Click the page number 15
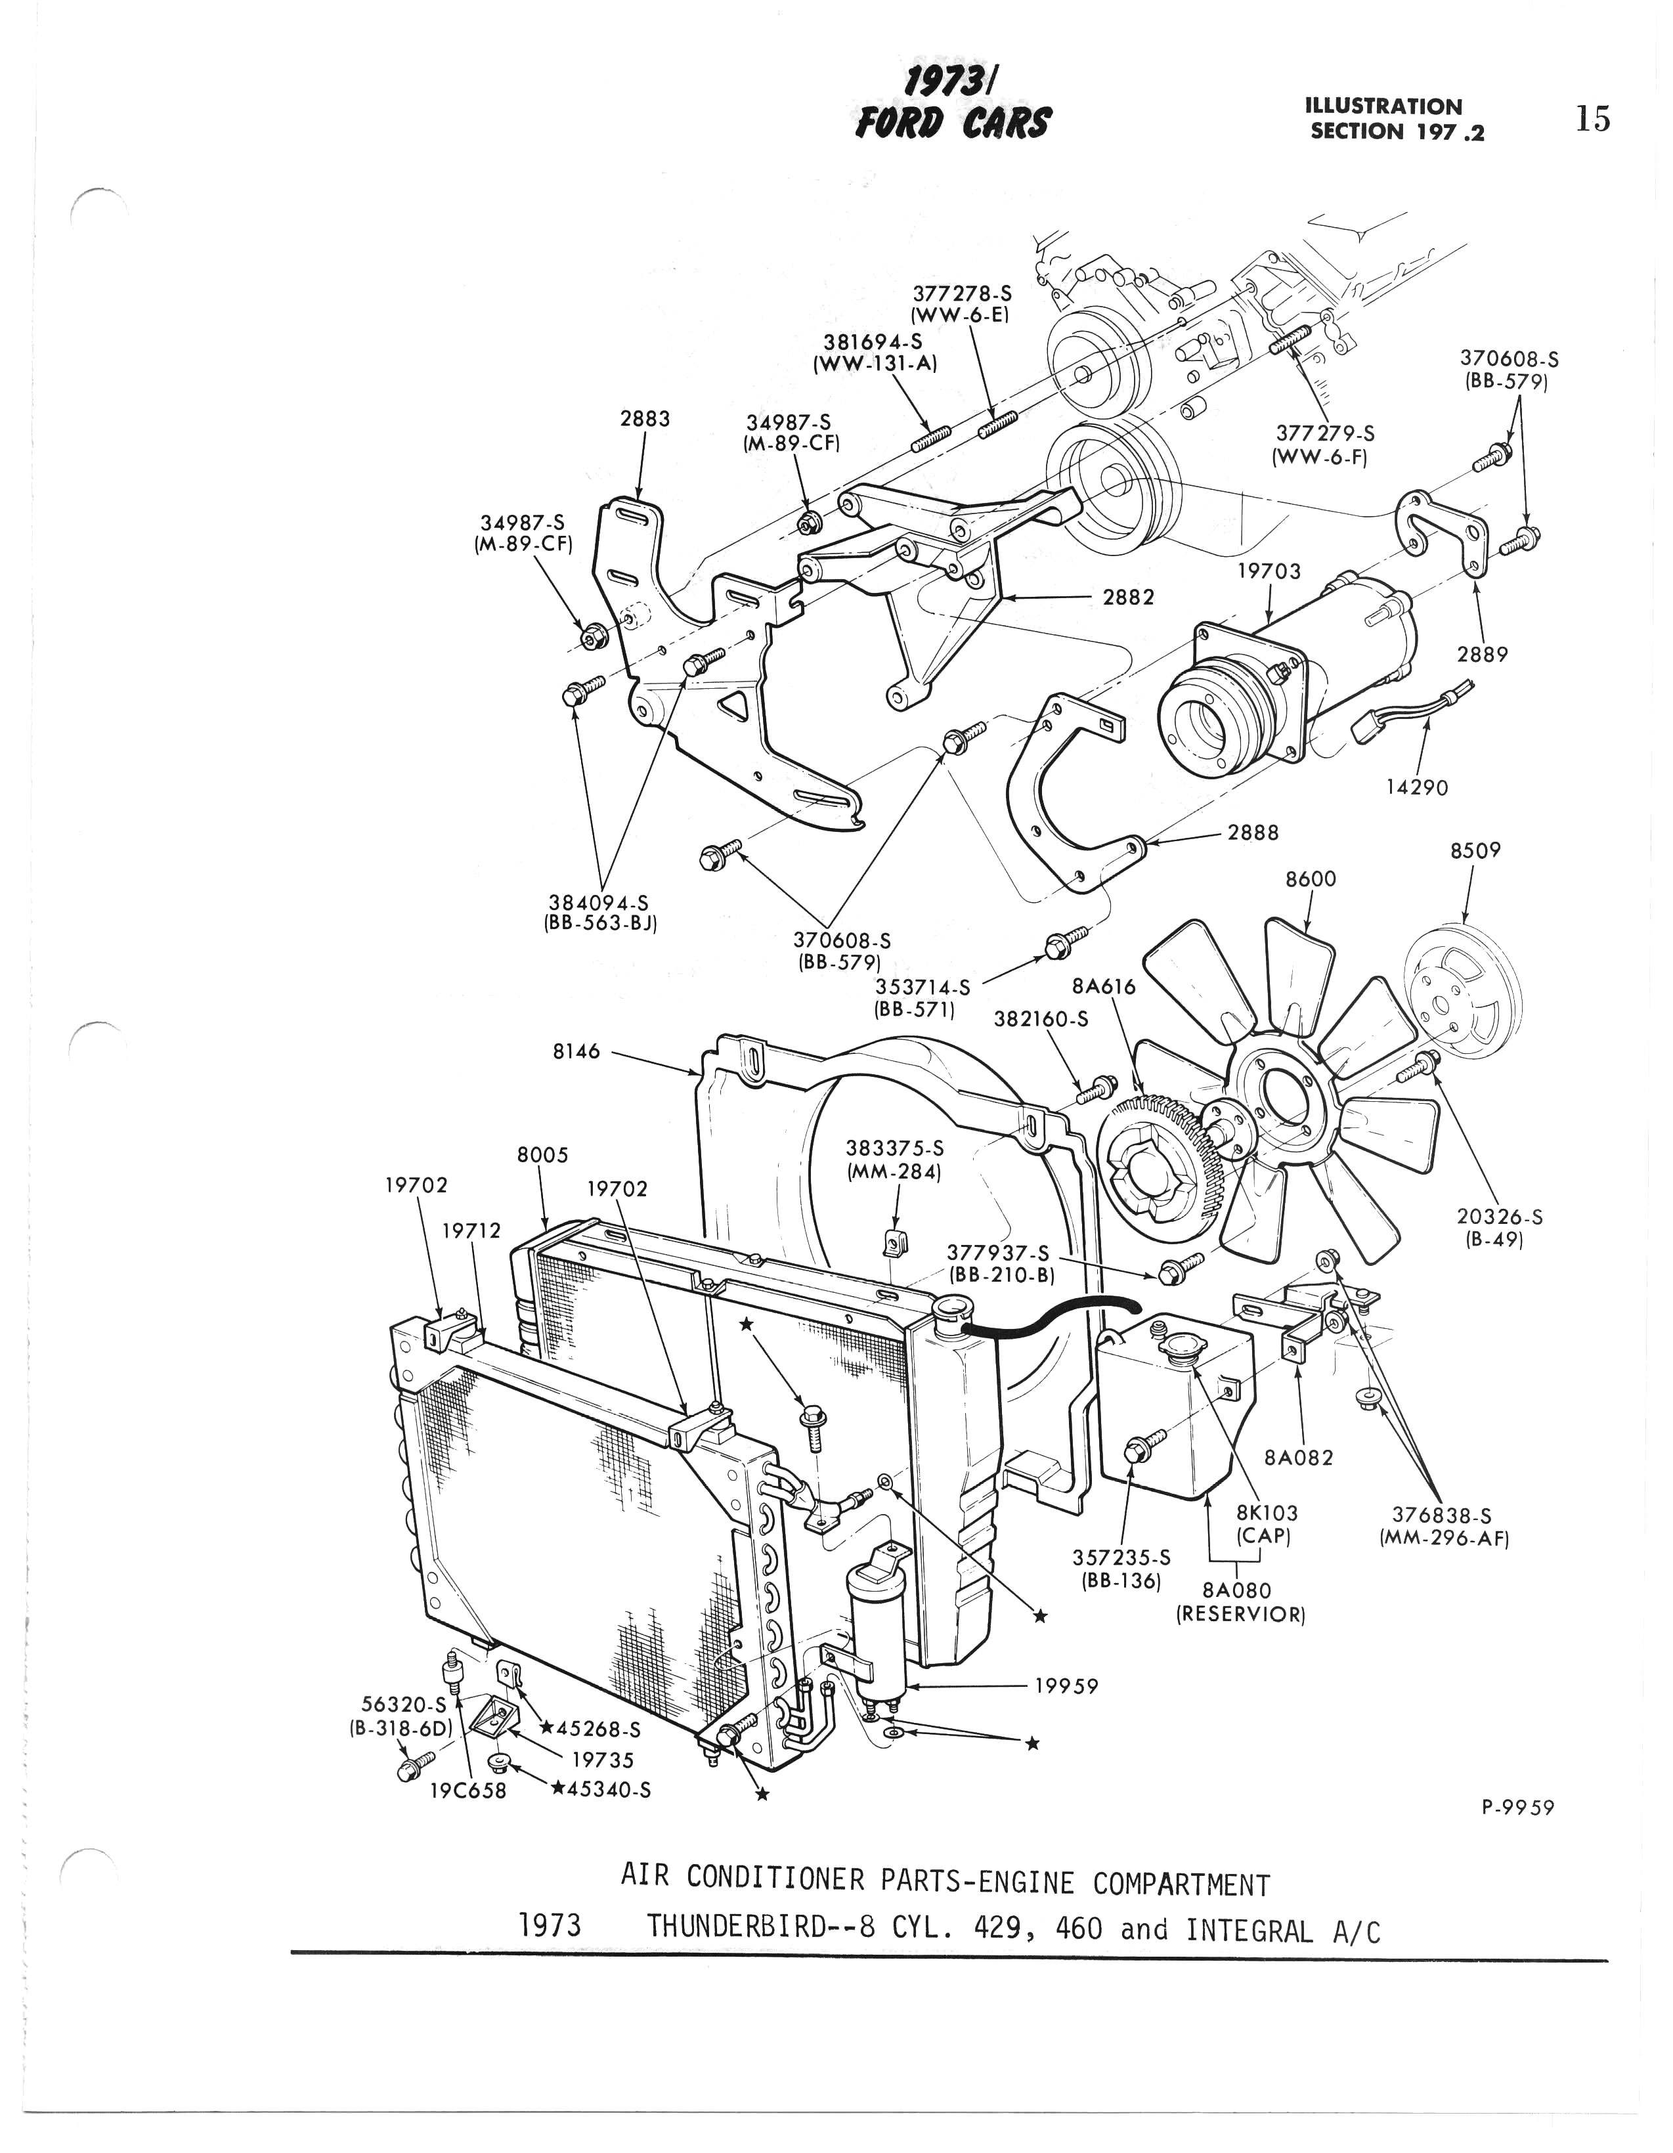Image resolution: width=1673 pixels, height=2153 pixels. [1592, 120]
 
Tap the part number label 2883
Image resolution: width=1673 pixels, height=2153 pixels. [645, 418]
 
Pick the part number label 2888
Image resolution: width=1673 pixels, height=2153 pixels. [1253, 833]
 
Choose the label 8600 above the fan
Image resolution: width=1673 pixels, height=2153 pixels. [1311, 879]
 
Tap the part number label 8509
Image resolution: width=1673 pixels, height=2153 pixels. [1475, 850]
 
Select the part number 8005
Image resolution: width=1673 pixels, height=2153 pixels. [543, 1154]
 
